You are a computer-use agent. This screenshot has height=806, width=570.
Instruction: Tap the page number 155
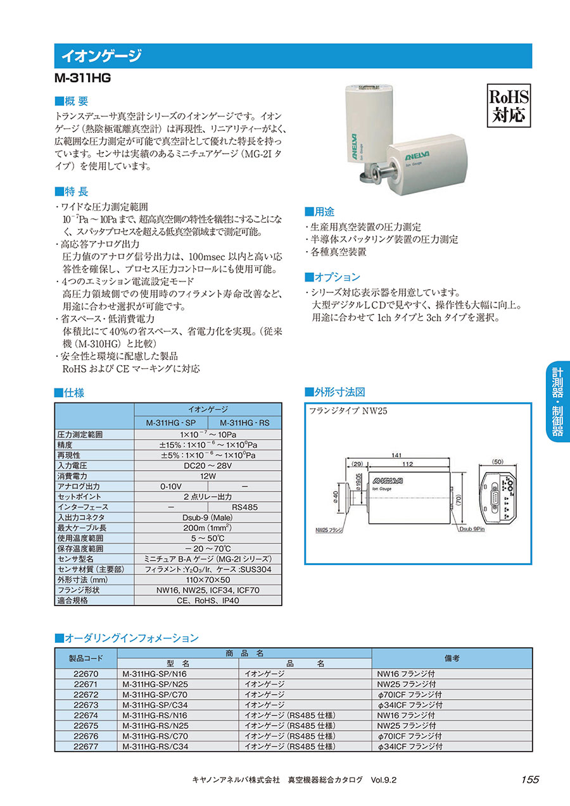tap(529, 779)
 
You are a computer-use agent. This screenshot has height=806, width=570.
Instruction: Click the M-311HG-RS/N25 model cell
tap(155, 726)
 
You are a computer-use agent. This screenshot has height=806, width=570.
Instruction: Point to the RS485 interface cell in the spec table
tap(244, 507)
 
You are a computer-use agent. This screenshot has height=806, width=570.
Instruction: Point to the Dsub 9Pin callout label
tap(471, 529)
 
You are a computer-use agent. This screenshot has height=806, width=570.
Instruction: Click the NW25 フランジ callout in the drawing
tap(329, 529)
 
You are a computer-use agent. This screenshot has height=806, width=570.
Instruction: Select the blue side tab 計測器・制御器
tap(557, 402)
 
